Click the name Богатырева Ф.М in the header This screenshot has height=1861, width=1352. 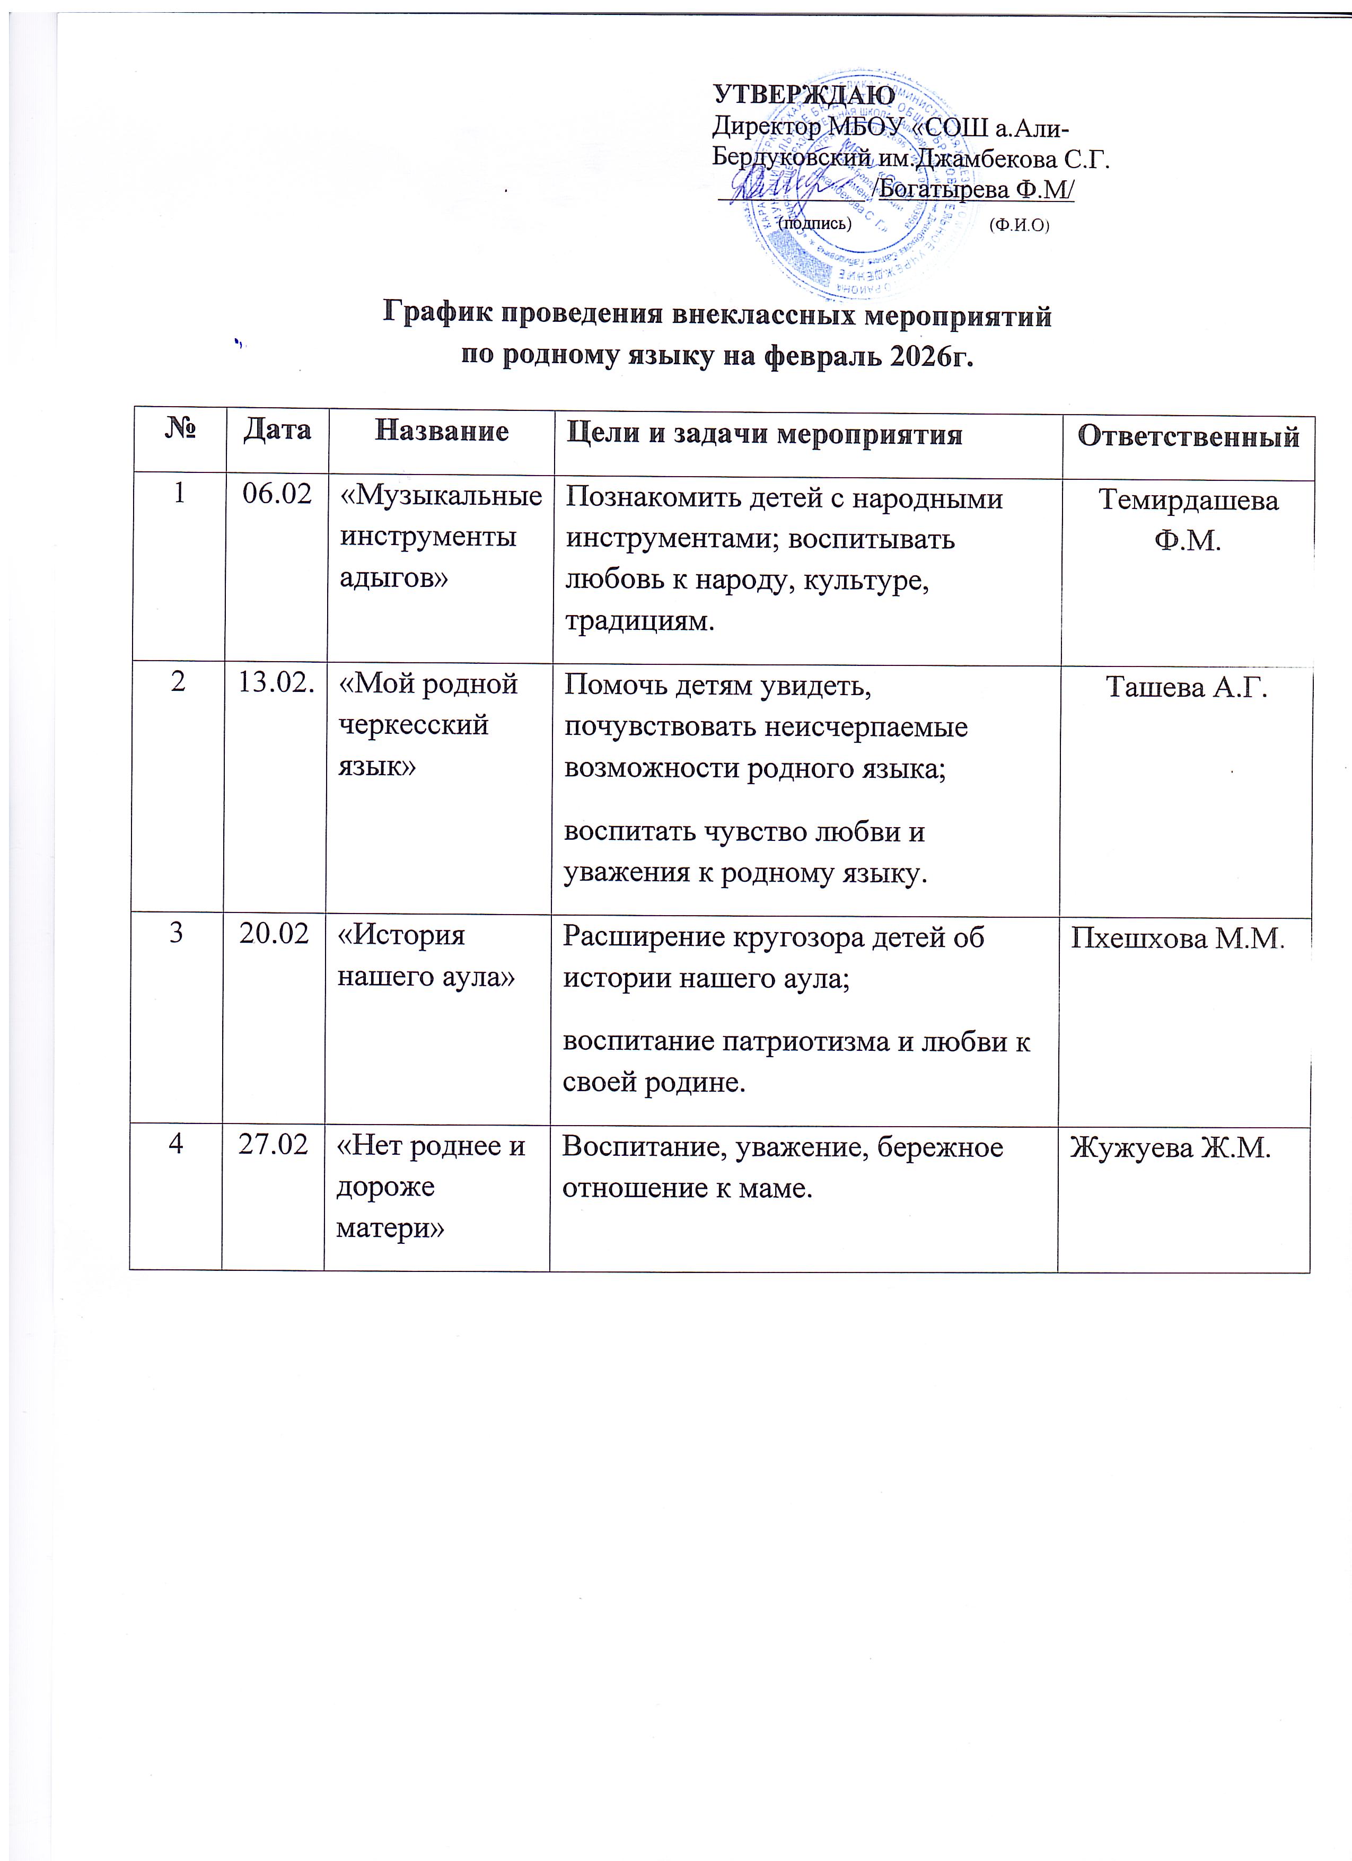pos(976,190)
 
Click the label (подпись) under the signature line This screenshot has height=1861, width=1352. pos(814,222)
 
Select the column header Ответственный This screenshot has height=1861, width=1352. pos(1188,436)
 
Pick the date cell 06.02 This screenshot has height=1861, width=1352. pos(277,494)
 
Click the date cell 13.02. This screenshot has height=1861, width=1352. pos(276,683)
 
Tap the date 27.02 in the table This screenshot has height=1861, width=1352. pos(273,1145)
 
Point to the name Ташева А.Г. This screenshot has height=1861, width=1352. pos(1186,687)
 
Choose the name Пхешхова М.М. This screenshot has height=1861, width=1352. pos(1177,938)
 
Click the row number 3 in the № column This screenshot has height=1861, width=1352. pos(177,934)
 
